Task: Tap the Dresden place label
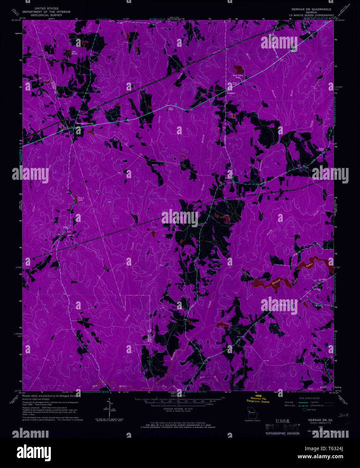click(x=231, y=93)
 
